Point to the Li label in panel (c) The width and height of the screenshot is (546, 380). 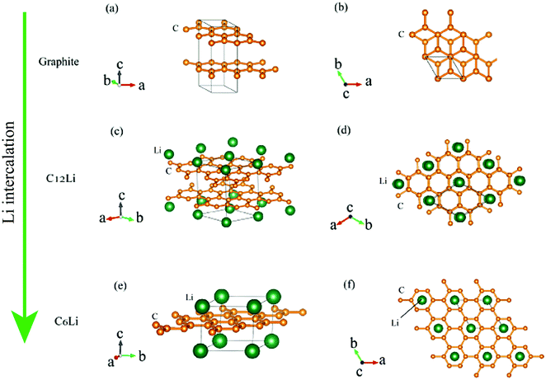(x=158, y=152)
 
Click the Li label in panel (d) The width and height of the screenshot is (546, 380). (x=383, y=179)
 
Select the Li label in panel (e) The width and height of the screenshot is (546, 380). (x=190, y=296)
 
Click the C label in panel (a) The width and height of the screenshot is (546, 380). (x=176, y=29)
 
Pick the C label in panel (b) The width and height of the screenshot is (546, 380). (x=402, y=35)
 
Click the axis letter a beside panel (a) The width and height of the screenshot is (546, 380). (x=145, y=85)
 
